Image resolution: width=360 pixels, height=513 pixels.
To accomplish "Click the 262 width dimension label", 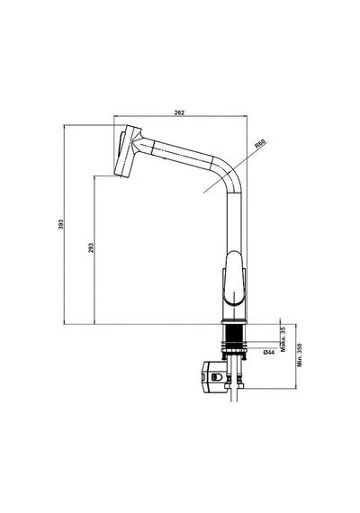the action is pos(179,112).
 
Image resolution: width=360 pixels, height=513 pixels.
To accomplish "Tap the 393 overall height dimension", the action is pos(61,224).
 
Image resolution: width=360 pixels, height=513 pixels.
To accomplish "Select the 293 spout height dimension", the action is pos(91,247).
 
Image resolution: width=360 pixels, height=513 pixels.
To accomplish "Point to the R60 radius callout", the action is pos(261,144).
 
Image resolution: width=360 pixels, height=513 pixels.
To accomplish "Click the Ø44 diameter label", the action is pos(268,352).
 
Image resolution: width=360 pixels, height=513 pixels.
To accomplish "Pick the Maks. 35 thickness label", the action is pos(283,339).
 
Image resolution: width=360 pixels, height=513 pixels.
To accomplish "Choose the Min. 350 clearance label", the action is pos(300,355).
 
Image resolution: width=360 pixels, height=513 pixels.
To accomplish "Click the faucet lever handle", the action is pos(234,278).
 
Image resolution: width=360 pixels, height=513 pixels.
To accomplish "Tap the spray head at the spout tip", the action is pos(127,151).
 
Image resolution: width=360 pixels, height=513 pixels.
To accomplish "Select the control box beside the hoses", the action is pos(214,376).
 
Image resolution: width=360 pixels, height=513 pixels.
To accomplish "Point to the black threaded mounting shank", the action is pos(233,333).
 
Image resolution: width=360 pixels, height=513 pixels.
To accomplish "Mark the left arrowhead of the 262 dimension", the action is pos(115,115).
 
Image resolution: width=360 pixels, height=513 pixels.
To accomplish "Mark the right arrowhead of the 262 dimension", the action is pos(246,115).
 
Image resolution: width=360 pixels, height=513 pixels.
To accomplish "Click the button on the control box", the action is pos(216,377).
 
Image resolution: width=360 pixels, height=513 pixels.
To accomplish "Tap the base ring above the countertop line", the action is pos(233,321).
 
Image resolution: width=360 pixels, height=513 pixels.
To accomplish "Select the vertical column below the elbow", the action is pos(234,222).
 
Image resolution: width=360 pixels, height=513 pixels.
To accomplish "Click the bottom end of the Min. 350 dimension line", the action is pos(295,388).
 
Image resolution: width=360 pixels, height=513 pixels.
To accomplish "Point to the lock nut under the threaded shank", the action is pos(233,346).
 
